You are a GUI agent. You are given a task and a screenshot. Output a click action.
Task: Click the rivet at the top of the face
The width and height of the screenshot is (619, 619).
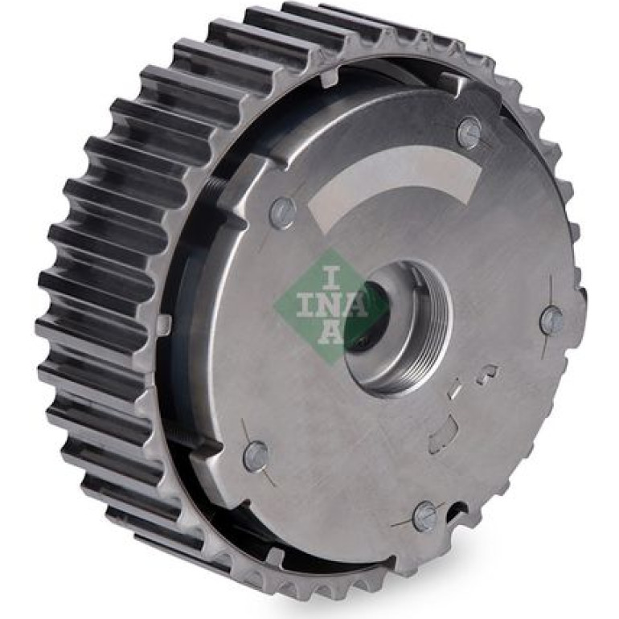469,132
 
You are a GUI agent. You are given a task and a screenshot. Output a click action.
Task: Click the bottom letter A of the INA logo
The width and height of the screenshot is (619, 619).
332,331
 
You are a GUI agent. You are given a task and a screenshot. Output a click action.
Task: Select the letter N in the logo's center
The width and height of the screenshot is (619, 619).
330,304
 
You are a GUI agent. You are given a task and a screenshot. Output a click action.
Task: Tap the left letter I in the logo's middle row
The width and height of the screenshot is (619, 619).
304,304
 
